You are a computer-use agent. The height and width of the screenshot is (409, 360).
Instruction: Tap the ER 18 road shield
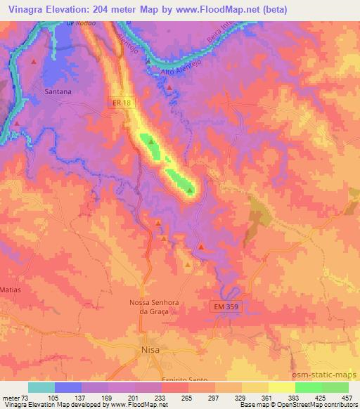(x=122, y=103)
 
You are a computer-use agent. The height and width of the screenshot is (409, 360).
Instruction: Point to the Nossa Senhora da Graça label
(x=150, y=306)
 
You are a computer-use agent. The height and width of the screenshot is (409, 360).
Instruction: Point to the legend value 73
(x=27, y=397)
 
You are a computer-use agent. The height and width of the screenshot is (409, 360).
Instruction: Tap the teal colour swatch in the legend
(x=41, y=387)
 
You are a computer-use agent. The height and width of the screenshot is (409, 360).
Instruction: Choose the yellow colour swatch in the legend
(x=282, y=387)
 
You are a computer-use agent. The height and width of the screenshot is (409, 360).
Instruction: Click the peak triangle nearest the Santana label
(x=33, y=62)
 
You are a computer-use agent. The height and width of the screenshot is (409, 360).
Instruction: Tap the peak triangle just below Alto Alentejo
(x=170, y=87)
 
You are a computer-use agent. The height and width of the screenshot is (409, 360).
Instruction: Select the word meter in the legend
(x=11, y=397)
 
